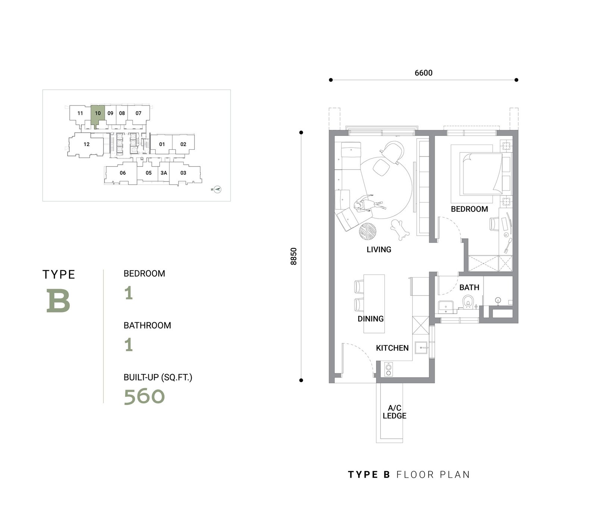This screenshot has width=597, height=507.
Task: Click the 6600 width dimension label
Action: click(x=423, y=73)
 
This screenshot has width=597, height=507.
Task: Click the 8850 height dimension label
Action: click(x=294, y=256)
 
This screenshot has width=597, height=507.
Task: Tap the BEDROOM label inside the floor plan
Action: click(x=469, y=209)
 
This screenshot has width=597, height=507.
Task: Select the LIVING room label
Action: click(x=379, y=250)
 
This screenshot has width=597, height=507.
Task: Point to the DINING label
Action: click(x=371, y=319)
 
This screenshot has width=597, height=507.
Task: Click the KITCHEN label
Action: click(x=392, y=348)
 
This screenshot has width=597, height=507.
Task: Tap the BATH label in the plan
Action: click(x=469, y=288)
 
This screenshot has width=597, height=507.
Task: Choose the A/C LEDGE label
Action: click(x=394, y=412)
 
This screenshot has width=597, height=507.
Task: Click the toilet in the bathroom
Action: click(x=468, y=302)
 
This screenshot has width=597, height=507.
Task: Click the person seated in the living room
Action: click(x=368, y=205)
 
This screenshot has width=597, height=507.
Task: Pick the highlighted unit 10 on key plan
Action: click(x=98, y=113)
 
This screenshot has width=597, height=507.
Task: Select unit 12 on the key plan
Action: click(x=86, y=145)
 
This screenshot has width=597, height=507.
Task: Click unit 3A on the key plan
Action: click(x=163, y=173)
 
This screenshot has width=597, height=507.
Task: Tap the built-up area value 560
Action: click(x=144, y=396)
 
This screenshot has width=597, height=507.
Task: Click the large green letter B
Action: click(x=58, y=300)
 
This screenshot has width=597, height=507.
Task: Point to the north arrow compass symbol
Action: click(x=217, y=190)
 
